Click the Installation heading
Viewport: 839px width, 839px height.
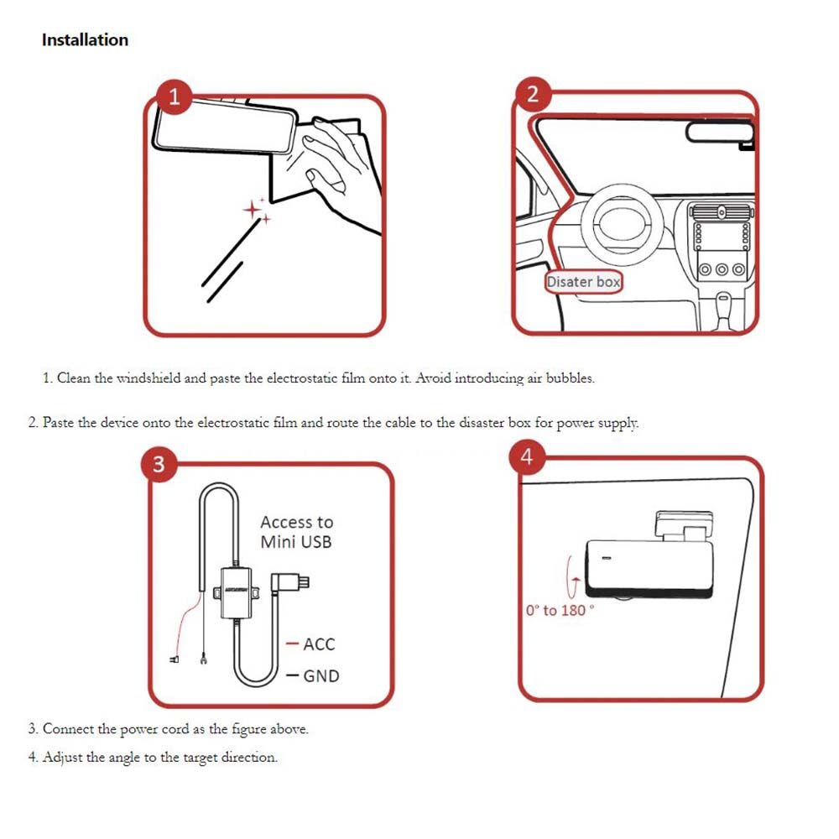[85, 40]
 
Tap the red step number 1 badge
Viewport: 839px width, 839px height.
[175, 96]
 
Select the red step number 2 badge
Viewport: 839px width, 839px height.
[533, 94]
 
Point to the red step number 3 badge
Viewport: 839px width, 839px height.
[159, 464]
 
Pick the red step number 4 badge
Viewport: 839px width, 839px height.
[527, 457]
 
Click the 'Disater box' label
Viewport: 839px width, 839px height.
[583, 282]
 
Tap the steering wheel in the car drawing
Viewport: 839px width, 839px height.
[623, 223]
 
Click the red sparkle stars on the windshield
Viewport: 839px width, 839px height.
[256, 211]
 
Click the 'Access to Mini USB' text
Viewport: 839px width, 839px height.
[296, 532]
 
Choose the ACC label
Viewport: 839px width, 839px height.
[319, 644]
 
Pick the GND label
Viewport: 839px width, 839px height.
[321, 676]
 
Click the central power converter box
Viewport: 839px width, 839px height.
[236, 593]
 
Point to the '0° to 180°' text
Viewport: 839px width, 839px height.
[560, 611]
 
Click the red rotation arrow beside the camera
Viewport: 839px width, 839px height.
[572, 578]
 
